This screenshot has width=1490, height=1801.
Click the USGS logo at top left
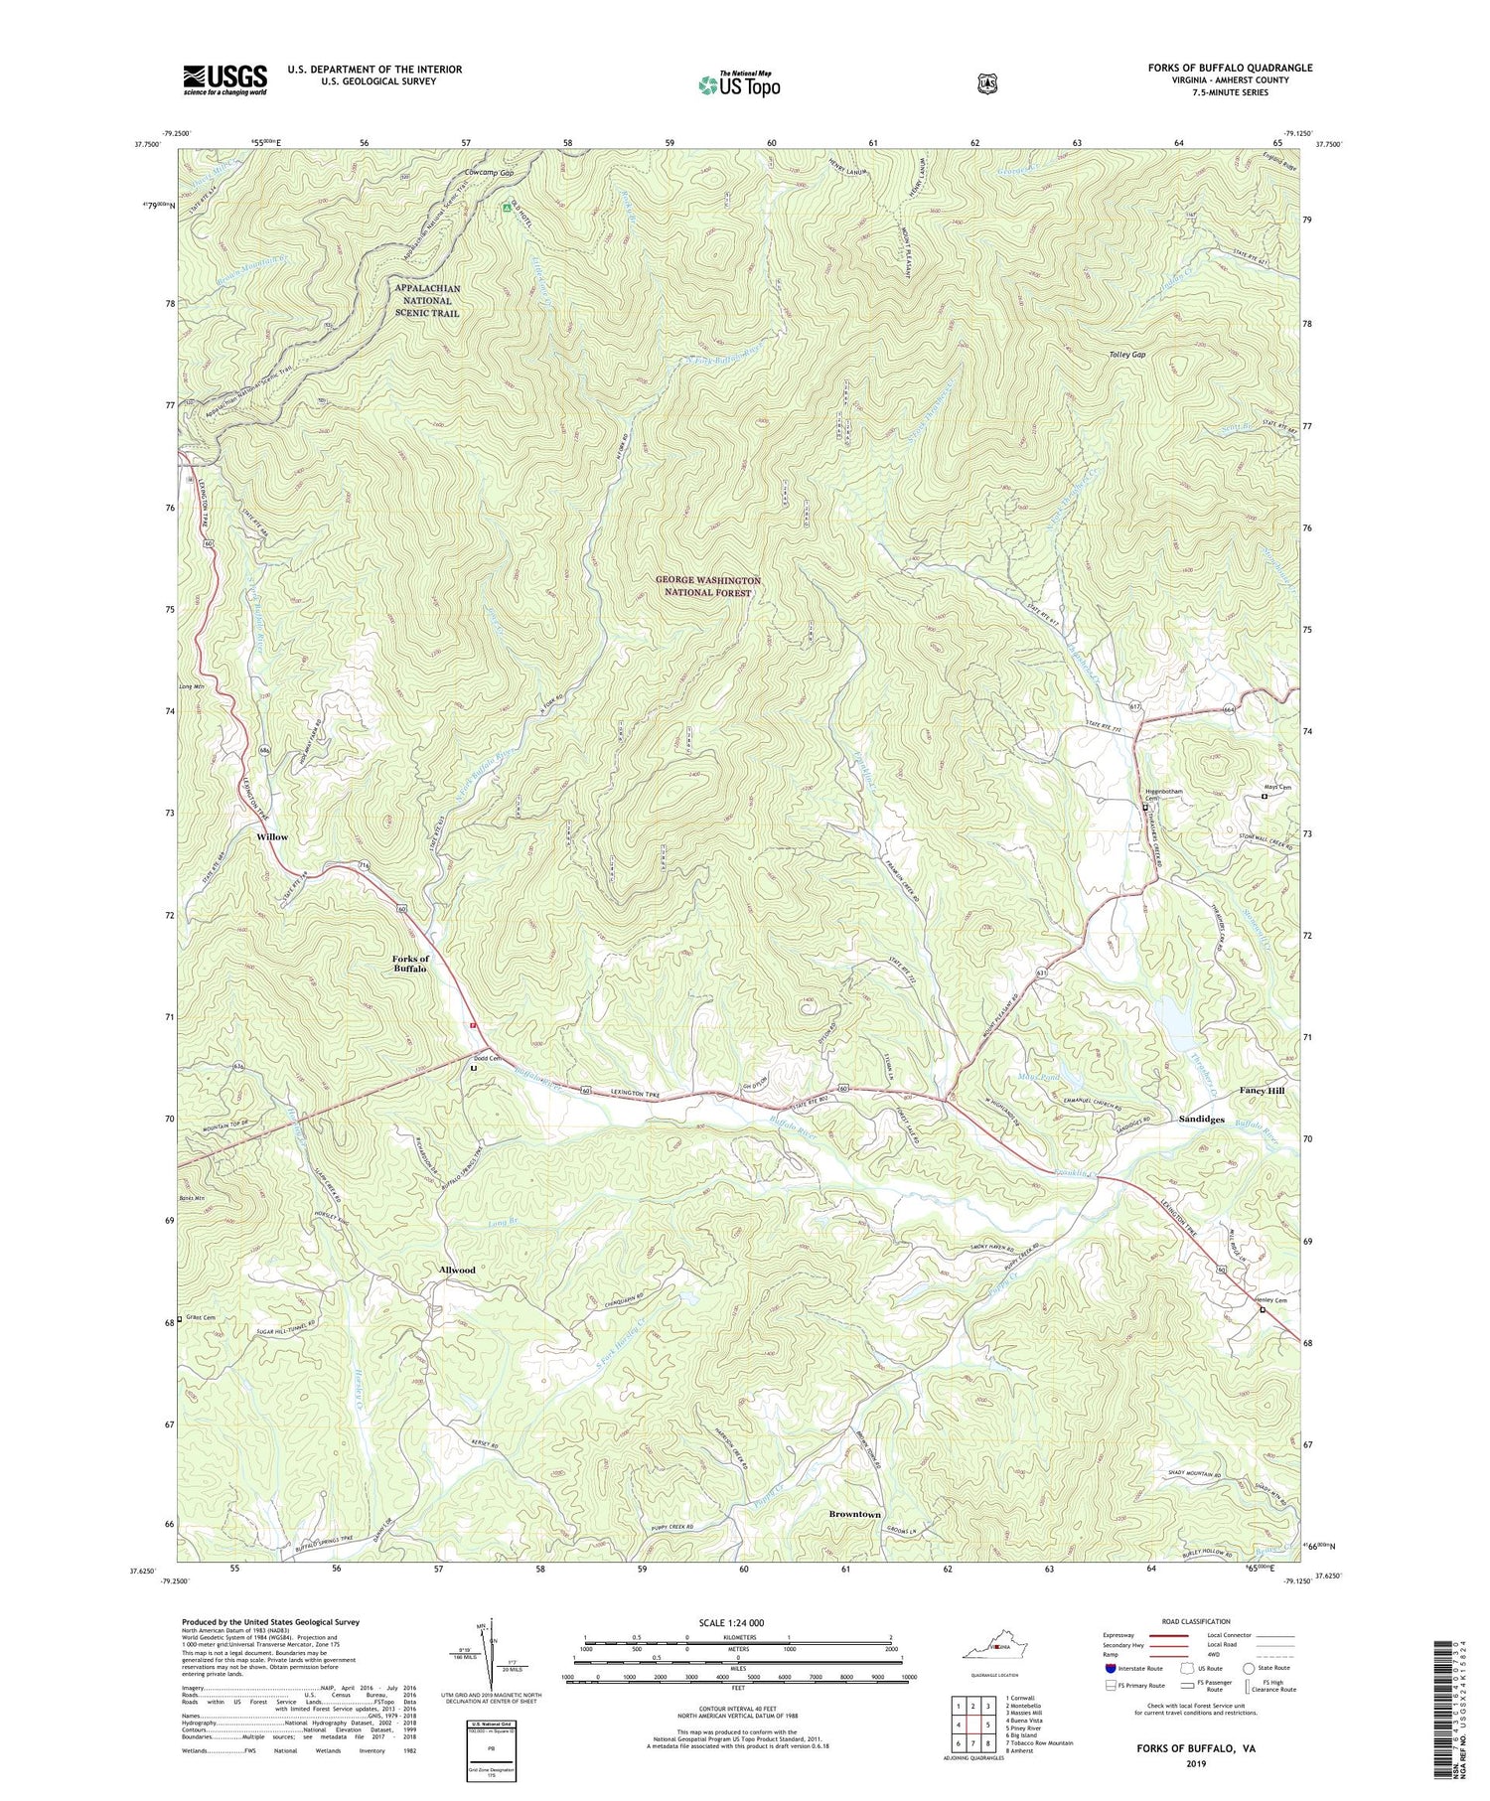point(224,79)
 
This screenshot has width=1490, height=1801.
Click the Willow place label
point(272,836)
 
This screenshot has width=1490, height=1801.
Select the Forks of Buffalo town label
point(409,963)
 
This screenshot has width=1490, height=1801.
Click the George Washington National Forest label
point(707,585)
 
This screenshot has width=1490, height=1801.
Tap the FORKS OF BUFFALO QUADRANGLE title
point(1228,68)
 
